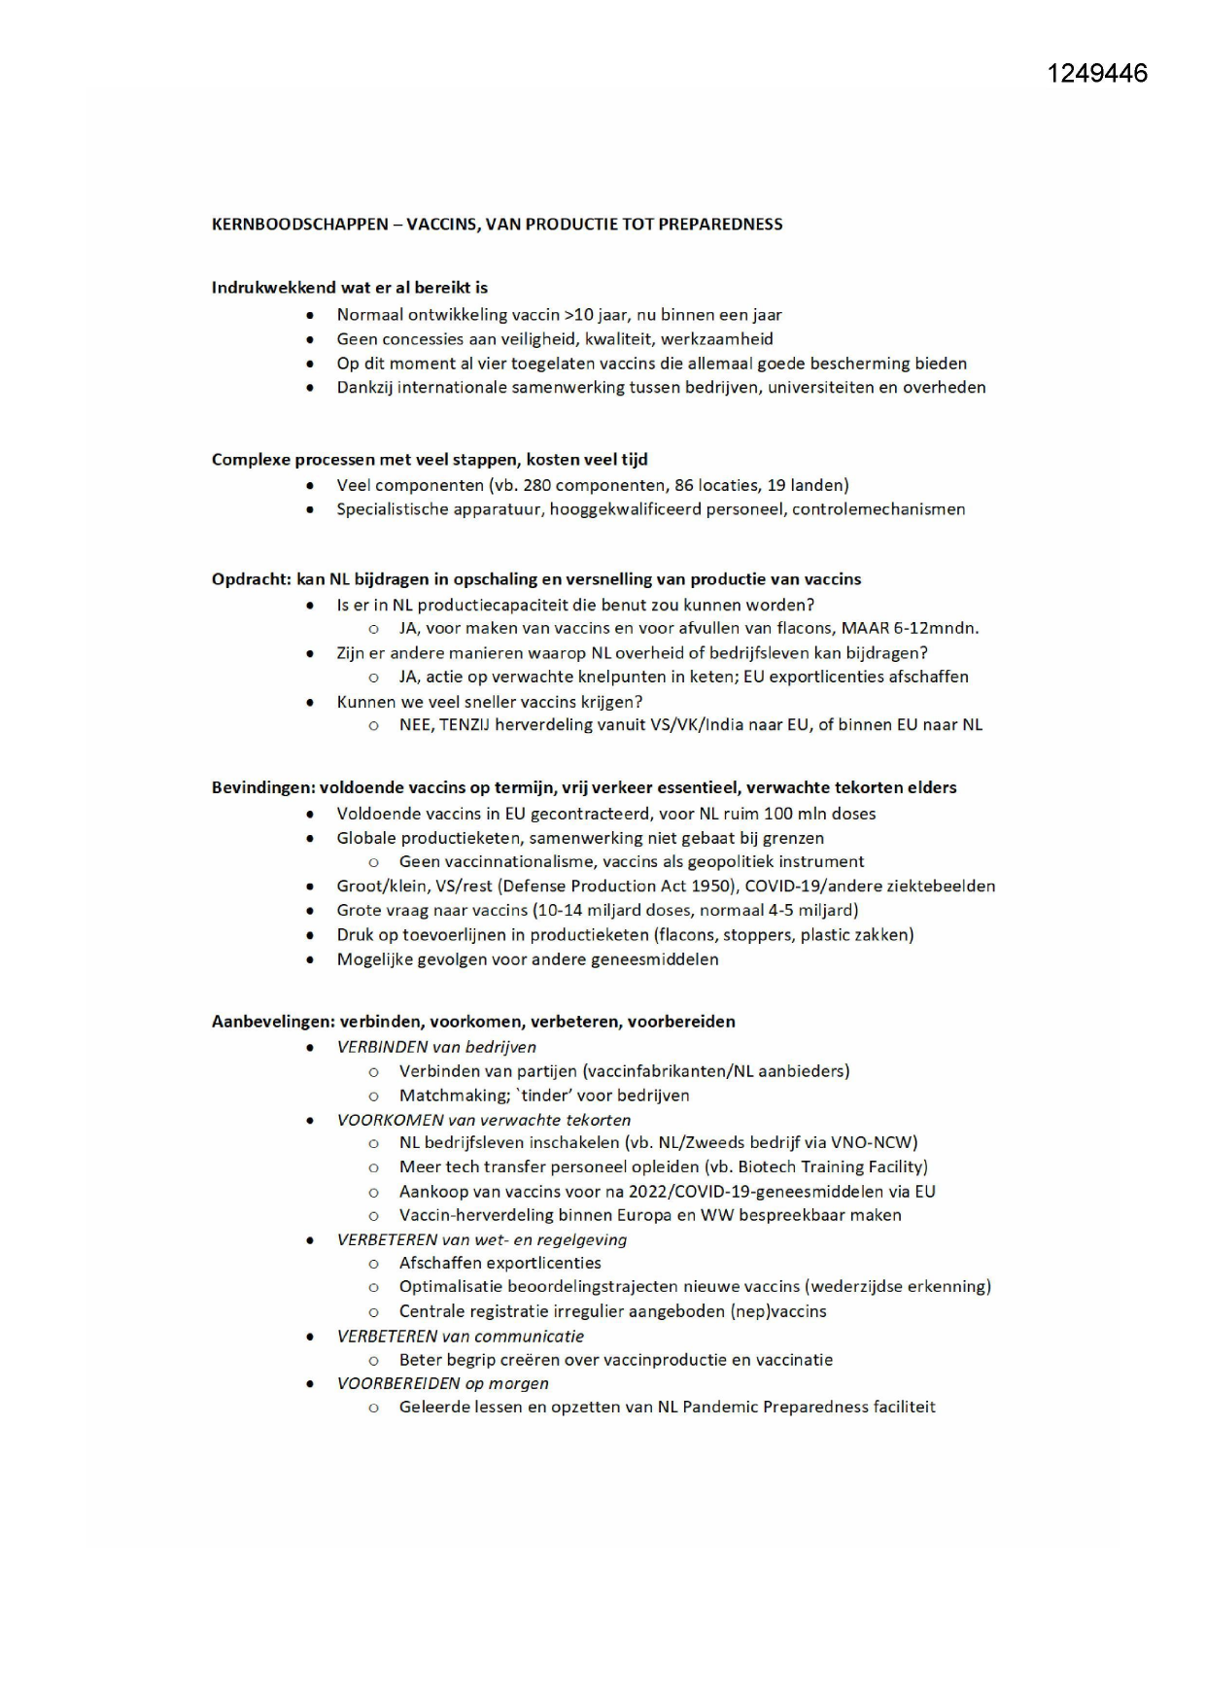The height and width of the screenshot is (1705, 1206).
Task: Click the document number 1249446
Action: (x=1097, y=74)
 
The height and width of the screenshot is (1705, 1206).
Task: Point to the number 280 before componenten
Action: (x=536, y=485)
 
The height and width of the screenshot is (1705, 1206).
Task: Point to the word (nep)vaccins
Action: (x=777, y=1311)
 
